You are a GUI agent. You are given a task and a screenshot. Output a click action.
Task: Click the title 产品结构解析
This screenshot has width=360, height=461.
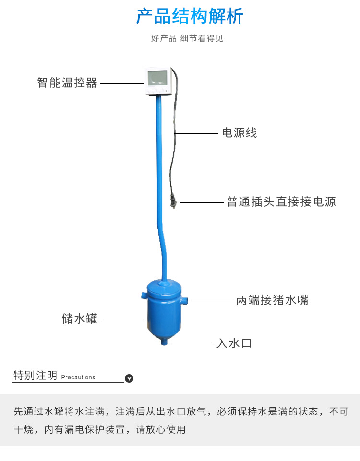point(190,16)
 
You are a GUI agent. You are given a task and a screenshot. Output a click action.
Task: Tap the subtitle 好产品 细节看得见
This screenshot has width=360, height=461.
point(187,38)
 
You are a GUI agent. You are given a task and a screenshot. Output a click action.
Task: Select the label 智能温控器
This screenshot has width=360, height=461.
point(67,83)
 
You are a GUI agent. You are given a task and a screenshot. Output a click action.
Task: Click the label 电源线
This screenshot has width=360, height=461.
point(240,132)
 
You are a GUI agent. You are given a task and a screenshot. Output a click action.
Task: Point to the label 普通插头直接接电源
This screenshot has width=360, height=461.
point(281,201)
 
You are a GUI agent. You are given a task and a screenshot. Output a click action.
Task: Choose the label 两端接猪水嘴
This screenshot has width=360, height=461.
point(272,300)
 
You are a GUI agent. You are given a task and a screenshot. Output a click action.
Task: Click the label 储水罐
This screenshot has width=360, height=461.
point(79,319)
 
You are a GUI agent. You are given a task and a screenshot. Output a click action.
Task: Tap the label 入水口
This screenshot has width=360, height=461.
point(234,343)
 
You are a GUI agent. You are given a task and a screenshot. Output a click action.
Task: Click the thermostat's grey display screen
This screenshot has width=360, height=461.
point(157,78)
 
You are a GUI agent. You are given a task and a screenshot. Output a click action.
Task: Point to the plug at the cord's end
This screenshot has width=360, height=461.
point(173,201)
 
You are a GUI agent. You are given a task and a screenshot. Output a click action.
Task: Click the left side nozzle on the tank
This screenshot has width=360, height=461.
point(144,296)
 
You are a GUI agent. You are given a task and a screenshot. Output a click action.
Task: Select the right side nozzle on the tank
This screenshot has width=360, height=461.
point(184,301)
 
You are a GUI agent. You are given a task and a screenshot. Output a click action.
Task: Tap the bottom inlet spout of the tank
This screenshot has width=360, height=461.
point(164,342)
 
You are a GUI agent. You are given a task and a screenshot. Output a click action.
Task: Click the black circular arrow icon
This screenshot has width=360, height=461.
point(129,378)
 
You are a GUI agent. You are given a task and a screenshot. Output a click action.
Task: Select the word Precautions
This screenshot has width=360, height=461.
point(78,377)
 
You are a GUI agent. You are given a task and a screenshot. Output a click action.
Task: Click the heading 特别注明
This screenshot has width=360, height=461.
point(36,376)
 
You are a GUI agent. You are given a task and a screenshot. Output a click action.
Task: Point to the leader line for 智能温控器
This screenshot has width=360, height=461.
point(122,83)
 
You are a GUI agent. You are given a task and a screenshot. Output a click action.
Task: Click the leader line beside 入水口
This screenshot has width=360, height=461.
point(192,343)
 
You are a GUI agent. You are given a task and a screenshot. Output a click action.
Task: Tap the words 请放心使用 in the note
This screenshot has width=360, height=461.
point(161,429)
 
